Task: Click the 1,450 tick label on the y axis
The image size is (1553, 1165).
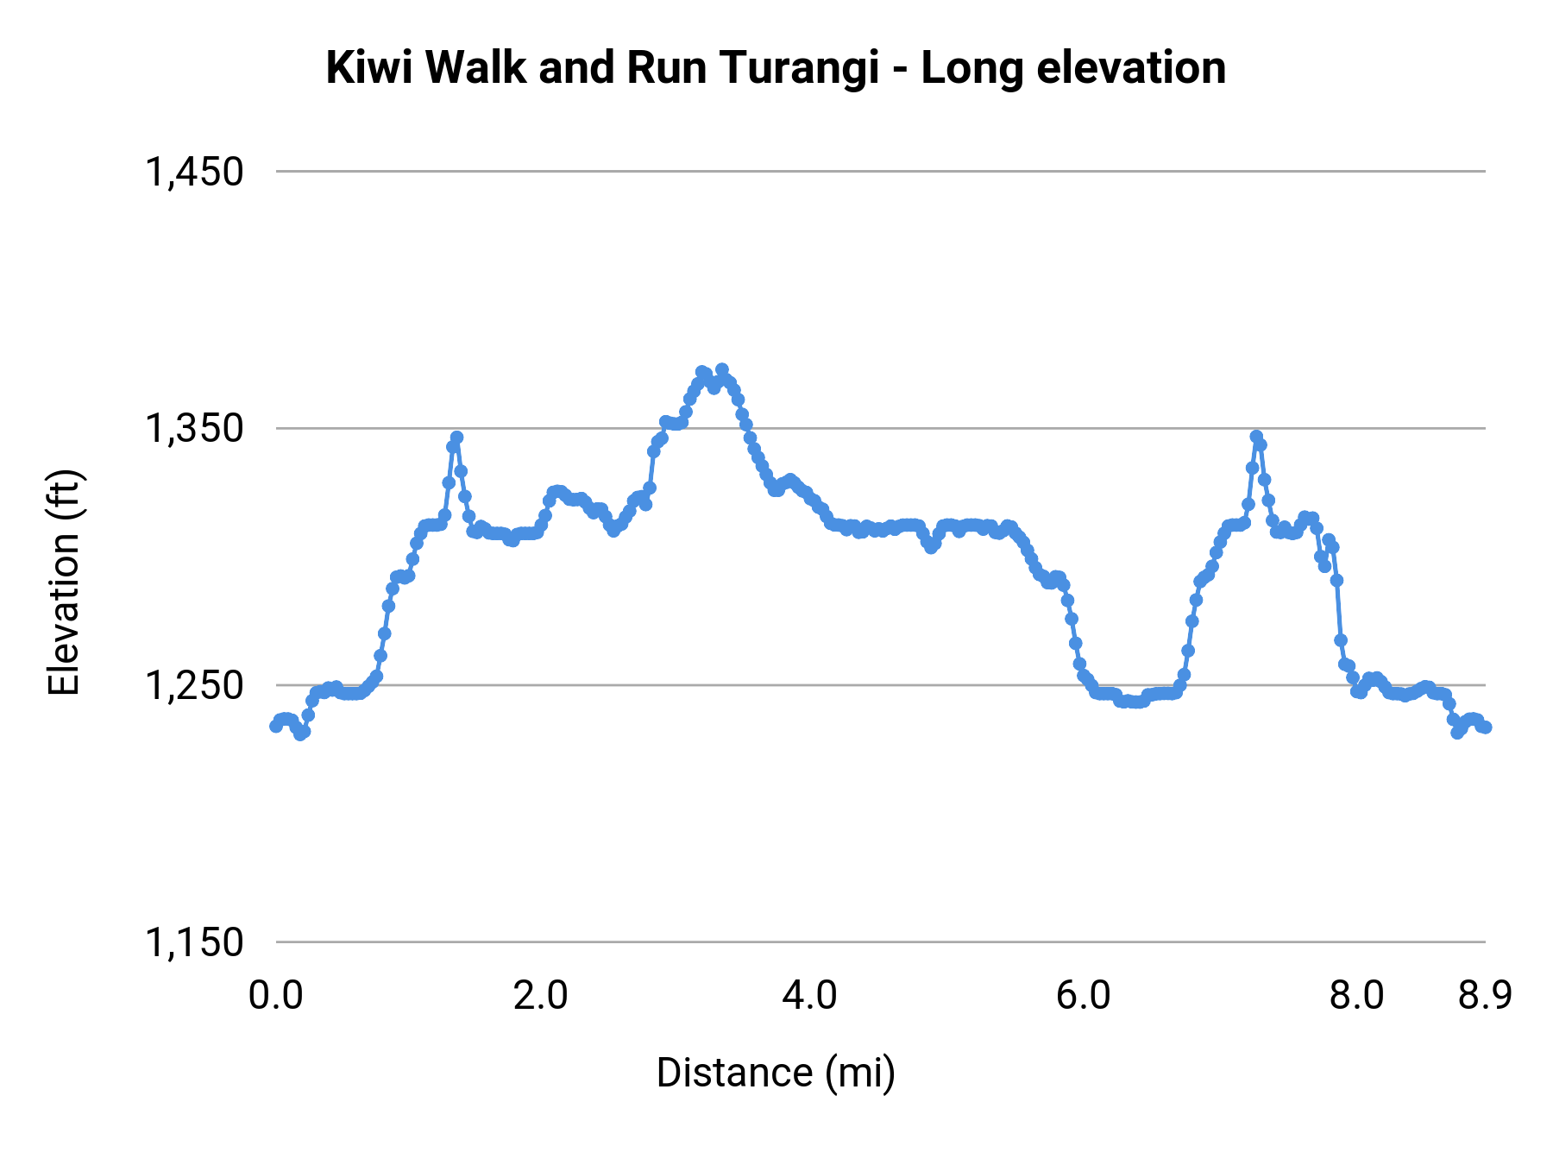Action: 194,172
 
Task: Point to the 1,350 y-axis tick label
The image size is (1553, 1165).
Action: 194,428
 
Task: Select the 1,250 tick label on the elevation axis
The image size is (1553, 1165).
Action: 194,685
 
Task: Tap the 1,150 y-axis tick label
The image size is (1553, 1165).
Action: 194,942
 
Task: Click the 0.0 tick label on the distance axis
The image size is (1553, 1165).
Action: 275,996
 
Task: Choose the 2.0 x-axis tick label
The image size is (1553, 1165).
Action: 540,996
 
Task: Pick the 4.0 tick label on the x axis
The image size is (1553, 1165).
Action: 809,996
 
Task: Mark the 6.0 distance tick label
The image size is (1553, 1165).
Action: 1083,996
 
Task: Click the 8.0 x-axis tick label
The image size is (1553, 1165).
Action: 1355,996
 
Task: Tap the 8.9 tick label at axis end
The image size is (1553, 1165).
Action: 1485,996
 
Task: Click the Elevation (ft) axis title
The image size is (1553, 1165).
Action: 63,582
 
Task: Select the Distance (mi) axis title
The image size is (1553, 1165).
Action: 776,1073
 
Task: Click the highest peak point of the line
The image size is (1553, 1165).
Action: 722,369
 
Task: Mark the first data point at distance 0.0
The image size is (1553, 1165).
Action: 275,726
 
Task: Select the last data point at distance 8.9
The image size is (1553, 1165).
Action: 1486,727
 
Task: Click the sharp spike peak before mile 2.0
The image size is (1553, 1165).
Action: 456,438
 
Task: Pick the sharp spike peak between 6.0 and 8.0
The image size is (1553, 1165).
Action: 1256,437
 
